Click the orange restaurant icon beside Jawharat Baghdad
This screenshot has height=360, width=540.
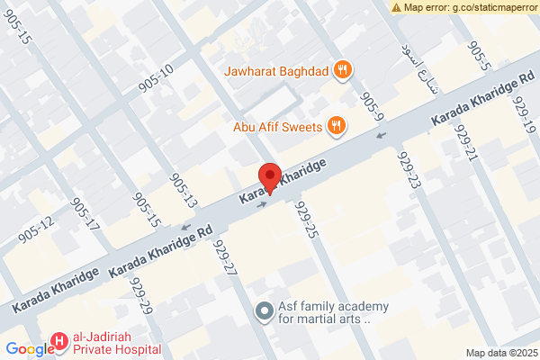tap(342, 69)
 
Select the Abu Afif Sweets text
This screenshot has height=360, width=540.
tap(277, 127)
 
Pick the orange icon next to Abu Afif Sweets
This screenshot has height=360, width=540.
tap(336, 126)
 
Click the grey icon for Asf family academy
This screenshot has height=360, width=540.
tap(264, 311)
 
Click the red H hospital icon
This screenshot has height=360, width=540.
tap(58, 341)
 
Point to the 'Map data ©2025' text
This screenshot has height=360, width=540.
tap(500, 353)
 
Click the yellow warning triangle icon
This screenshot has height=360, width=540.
tap(397, 7)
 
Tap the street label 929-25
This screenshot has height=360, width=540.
tap(306, 220)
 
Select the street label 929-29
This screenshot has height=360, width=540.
tap(139, 296)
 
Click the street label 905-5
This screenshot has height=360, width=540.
tap(482, 56)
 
